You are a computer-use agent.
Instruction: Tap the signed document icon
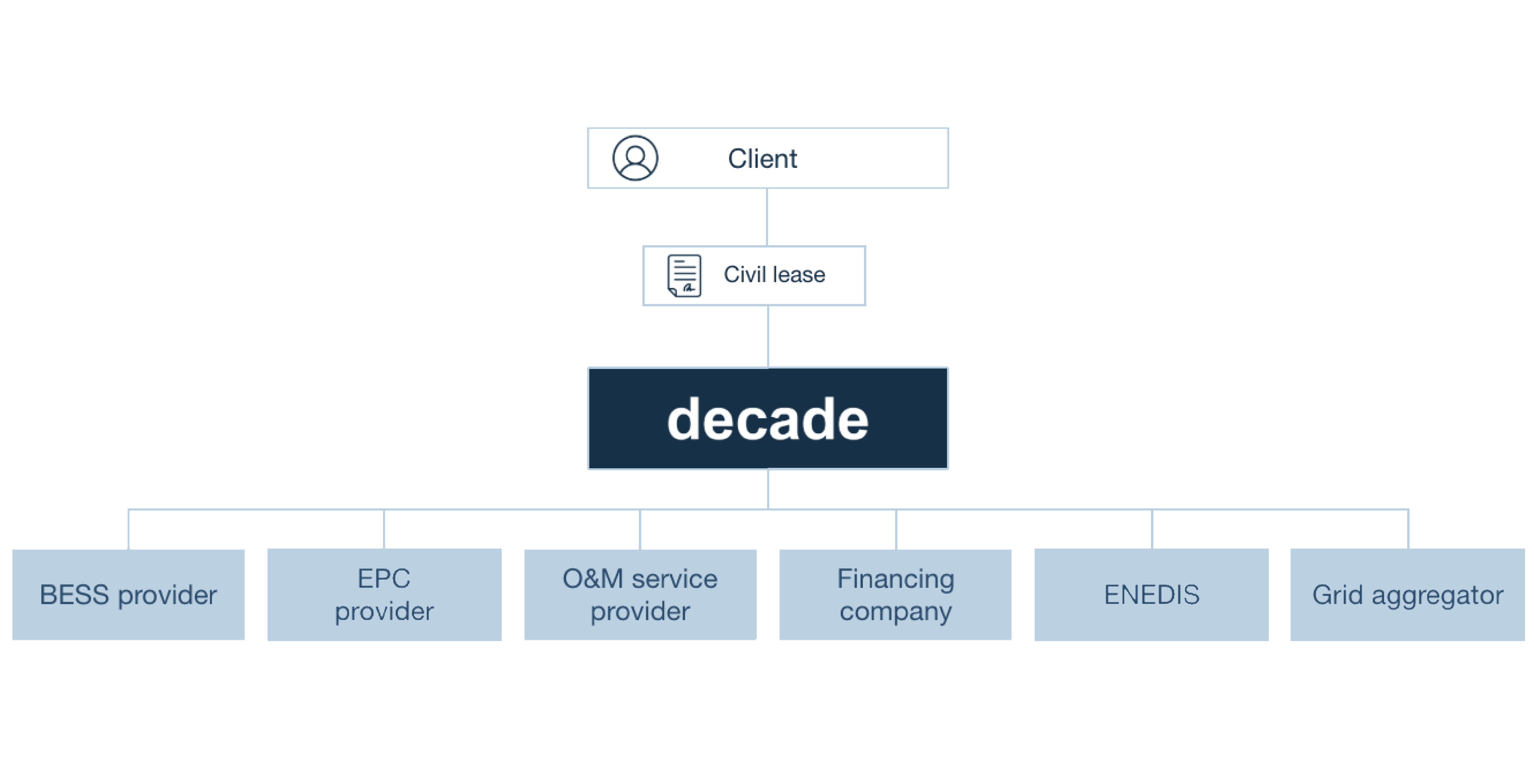click(x=684, y=275)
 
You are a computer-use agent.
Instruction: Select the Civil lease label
click(x=774, y=275)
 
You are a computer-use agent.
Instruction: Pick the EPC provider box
click(x=384, y=594)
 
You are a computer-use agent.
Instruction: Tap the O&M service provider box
click(x=640, y=594)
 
